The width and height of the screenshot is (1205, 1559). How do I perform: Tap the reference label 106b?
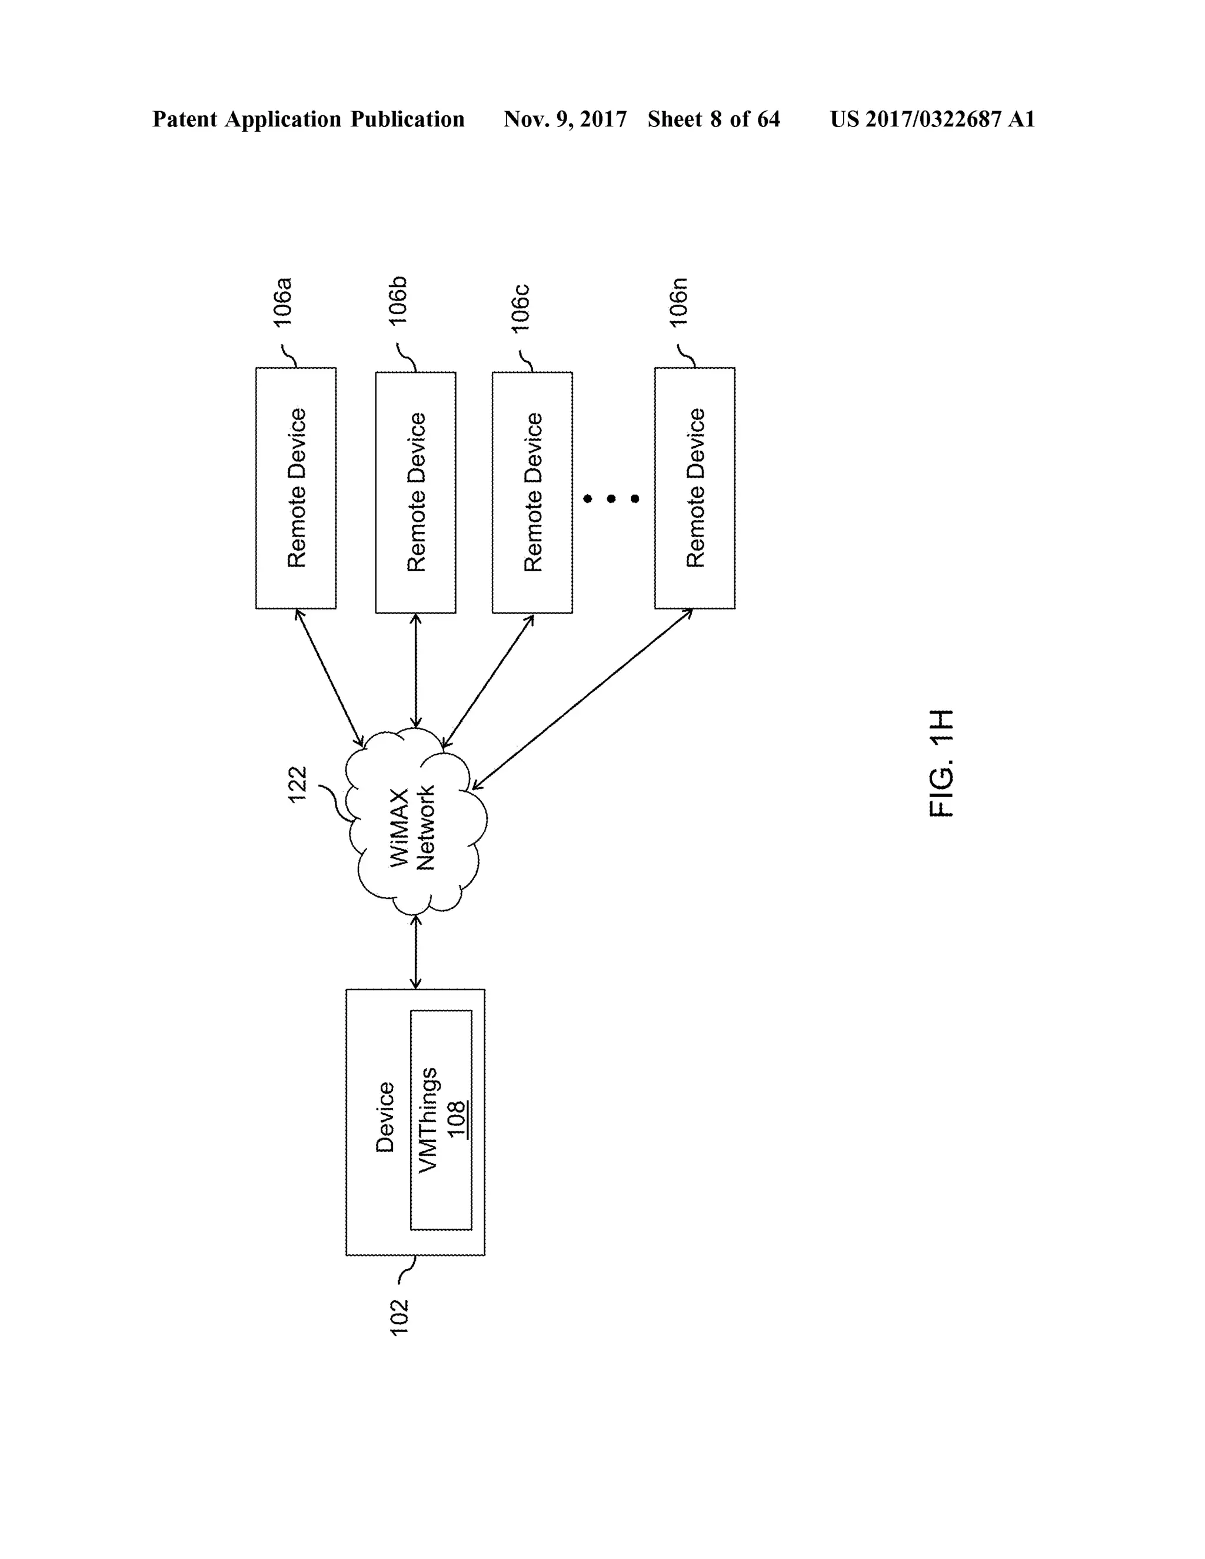click(398, 301)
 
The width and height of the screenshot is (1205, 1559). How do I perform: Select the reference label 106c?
click(520, 308)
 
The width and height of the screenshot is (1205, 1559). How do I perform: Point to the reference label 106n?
click(678, 302)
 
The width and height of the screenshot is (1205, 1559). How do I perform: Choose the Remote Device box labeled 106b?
click(415, 492)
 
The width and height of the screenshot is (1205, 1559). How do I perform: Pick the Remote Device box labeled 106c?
click(532, 492)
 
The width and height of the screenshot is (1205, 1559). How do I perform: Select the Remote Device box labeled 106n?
click(695, 488)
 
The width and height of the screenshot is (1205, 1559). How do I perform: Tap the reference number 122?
click(298, 784)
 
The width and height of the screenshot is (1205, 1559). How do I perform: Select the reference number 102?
click(399, 1318)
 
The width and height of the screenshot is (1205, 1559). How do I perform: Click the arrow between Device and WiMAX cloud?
click(415, 953)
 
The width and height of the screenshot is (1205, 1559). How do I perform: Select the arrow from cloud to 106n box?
click(582, 699)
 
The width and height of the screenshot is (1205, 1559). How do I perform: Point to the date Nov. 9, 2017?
click(565, 119)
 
